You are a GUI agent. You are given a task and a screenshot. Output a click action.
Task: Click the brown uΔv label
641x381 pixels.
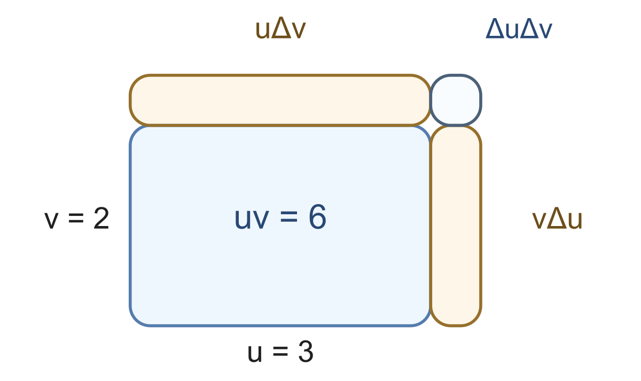tap(280, 29)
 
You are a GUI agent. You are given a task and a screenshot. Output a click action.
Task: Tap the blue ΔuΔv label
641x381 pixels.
tap(519, 29)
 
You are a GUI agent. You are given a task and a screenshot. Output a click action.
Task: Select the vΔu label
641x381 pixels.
tap(557, 219)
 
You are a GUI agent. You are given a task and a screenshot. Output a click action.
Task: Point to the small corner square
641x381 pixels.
tap(456, 100)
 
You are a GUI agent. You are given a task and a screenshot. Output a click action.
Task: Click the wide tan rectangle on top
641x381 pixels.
tap(280, 100)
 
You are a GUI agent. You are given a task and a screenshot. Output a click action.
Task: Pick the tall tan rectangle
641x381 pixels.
tap(456, 226)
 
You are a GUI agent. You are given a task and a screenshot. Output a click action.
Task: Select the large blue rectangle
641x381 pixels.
tap(280, 226)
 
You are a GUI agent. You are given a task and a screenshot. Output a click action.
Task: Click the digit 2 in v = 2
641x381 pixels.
tap(101, 218)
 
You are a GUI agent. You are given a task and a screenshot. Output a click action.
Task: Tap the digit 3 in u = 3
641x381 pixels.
tap(306, 352)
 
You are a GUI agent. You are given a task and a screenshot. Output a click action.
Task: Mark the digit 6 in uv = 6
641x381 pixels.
tap(317, 217)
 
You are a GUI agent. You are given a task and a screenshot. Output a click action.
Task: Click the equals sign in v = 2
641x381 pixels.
tap(76, 219)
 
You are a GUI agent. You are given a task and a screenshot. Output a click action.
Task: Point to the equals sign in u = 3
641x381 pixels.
tap(280, 352)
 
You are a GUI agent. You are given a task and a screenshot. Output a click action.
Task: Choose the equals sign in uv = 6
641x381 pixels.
tap(289, 217)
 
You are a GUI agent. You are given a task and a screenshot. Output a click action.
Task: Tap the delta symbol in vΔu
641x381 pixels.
tap(557, 218)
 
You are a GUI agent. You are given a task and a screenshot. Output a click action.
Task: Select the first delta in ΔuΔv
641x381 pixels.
tap(495, 28)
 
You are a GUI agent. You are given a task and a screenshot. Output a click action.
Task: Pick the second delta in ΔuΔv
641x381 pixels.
tap(530, 28)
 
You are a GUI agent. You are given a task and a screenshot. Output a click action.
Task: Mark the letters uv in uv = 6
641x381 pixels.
tap(252, 220)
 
